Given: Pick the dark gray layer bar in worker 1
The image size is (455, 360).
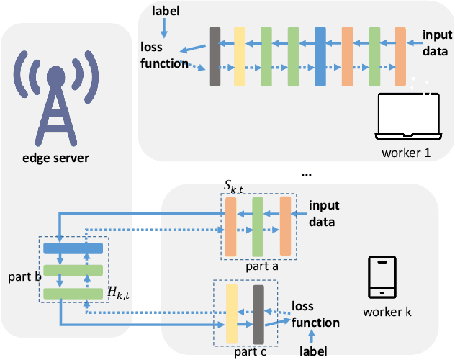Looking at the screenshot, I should pos(215,57).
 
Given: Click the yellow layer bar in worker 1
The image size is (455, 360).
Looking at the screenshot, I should pos(240,57).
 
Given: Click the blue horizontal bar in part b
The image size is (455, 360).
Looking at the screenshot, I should pos(73,248).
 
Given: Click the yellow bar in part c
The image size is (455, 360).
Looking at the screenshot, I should pos(232,313).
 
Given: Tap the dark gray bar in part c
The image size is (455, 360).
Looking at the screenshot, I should pos(258,313).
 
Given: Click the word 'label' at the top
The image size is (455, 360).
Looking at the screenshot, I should pos(167,11).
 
